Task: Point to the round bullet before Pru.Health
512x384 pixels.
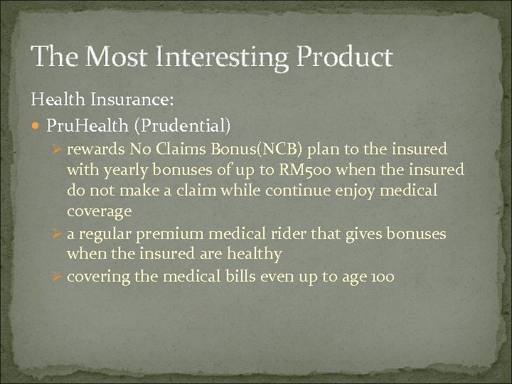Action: point(37,126)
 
